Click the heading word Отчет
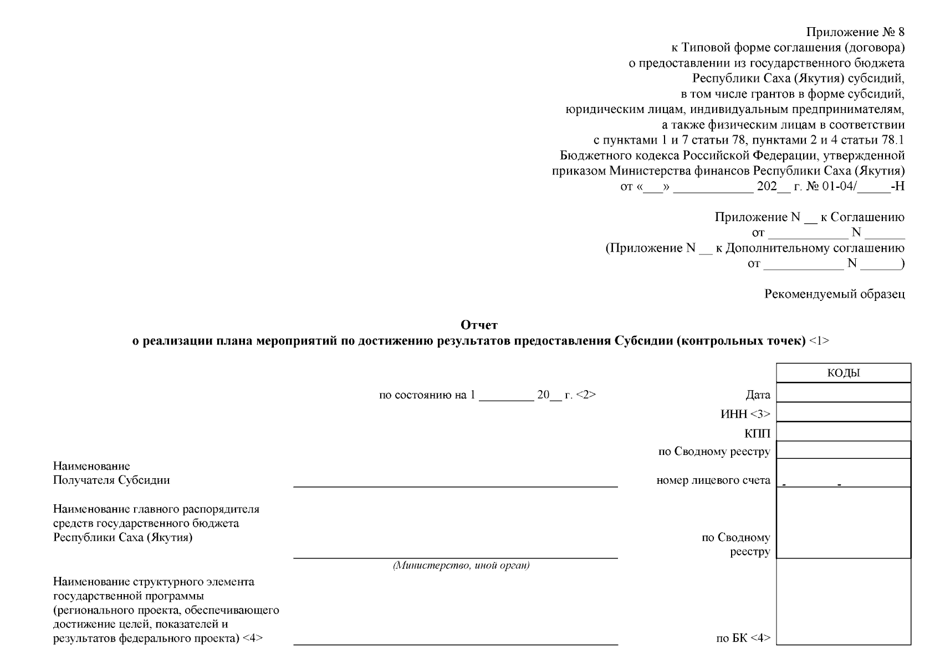(479, 325)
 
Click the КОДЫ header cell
(843, 373)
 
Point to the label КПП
(757, 433)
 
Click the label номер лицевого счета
(713, 480)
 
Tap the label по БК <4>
(743, 638)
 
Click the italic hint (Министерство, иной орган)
(461, 566)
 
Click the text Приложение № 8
(855, 33)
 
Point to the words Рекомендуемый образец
(834, 294)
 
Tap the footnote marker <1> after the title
(819, 341)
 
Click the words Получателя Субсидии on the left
(111, 480)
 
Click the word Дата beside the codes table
(758, 395)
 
